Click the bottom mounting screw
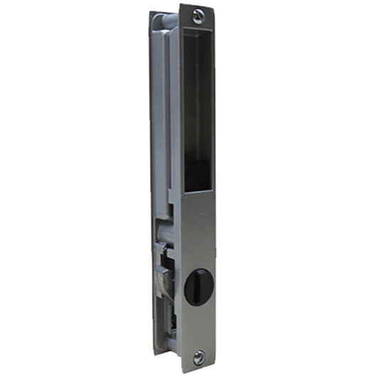tap(198, 358)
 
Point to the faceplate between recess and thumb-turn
tap(198, 228)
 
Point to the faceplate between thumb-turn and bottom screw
tap(198, 327)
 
